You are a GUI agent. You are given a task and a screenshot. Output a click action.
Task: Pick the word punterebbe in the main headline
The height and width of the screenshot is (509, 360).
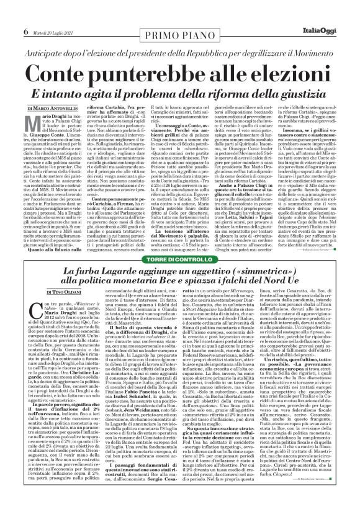tap(165, 61)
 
